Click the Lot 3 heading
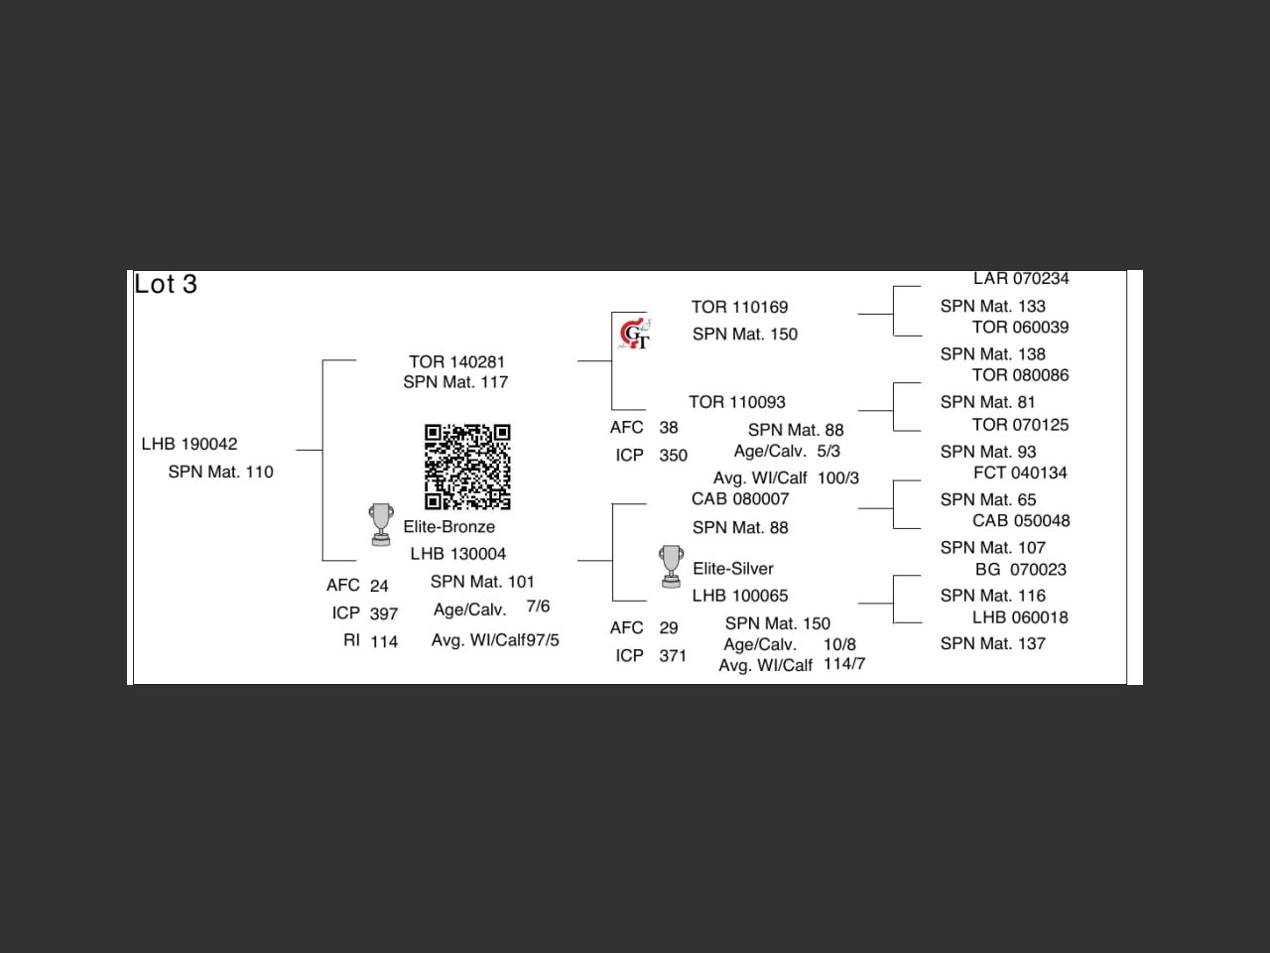tap(166, 284)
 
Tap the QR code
tap(467, 467)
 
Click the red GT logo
tap(634, 335)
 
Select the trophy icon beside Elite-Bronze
tap(381, 524)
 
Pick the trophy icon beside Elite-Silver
tap(672, 566)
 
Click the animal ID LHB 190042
tap(190, 444)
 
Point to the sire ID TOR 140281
tap(456, 361)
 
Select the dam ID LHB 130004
tap(458, 554)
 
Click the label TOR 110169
tap(739, 307)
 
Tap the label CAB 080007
tap(740, 498)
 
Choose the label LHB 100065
tap(740, 596)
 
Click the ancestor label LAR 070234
tap(1021, 279)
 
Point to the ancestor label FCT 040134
tap(1020, 473)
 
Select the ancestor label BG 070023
tap(1021, 569)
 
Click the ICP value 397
tap(384, 613)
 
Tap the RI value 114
tap(384, 641)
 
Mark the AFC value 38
tap(669, 427)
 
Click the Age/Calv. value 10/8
tap(839, 644)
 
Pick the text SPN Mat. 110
tap(220, 472)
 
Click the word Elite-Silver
tap(732, 569)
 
